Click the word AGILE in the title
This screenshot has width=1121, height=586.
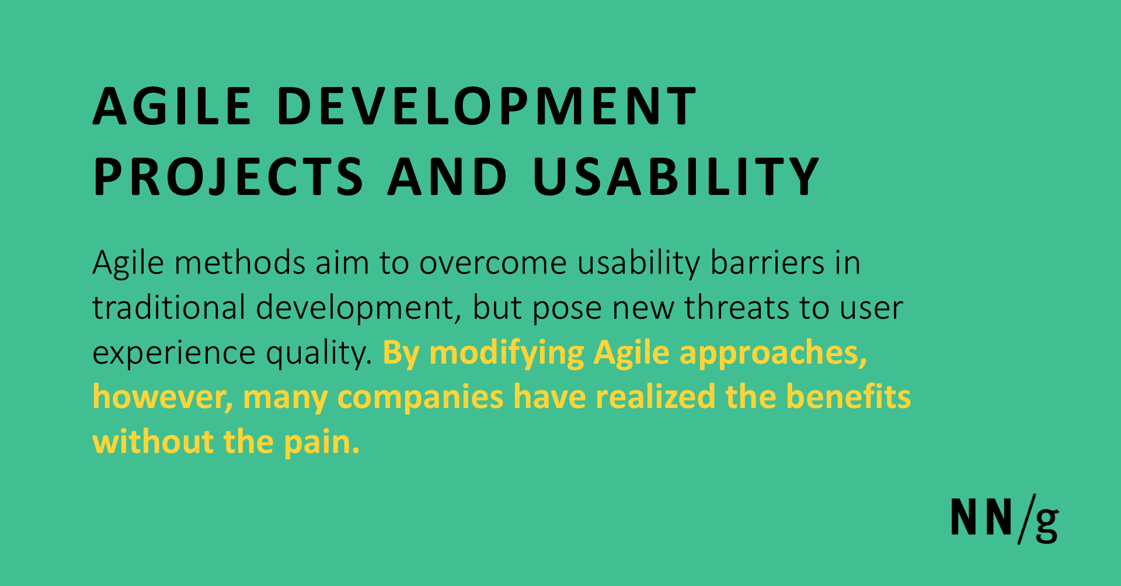[x=172, y=106]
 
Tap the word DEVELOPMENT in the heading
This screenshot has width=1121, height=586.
[x=486, y=106]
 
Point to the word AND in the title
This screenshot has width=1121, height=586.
[x=448, y=176]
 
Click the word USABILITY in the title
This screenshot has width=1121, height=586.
[x=676, y=176]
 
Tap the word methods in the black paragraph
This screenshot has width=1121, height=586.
[x=239, y=263]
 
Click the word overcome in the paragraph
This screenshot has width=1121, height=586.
[x=493, y=263]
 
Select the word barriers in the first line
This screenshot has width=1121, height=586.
[x=767, y=263]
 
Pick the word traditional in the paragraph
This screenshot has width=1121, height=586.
[x=169, y=308]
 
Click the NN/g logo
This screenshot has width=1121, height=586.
[x=1004, y=519]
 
